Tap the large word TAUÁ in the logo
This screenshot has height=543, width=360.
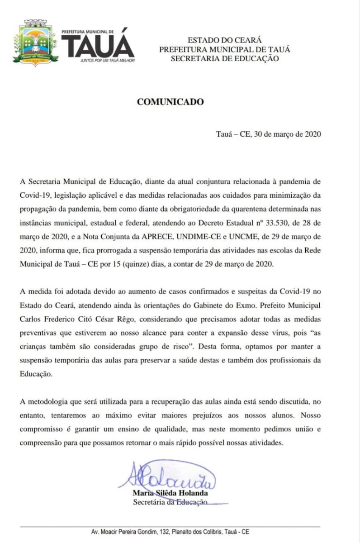pos(98,45)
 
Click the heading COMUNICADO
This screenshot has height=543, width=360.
pos(170,102)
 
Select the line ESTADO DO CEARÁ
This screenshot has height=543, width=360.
pos(224,41)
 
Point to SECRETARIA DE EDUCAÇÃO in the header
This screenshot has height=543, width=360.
pos(224,58)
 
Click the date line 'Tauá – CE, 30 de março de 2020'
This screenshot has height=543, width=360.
pos(269,134)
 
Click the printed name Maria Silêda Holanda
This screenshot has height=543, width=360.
pos(170,493)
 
